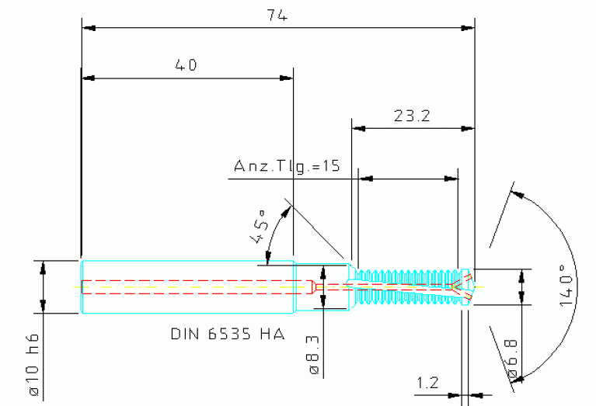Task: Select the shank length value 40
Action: (x=186, y=65)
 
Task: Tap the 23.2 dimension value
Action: (x=412, y=116)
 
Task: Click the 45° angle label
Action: (x=258, y=225)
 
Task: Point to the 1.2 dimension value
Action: (x=427, y=382)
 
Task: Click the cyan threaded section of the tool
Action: (x=404, y=286)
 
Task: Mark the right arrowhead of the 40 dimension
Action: (x=287, y=78)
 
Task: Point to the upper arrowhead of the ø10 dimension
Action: (x=43, y=266)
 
